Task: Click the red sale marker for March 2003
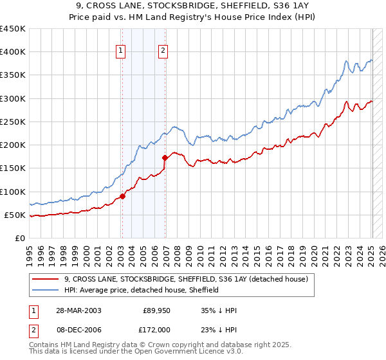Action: pos(122,197)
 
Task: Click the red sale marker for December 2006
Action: pos(165,157)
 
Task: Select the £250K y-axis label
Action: pos(13,122)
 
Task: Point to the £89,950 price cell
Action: pos(157,310)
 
